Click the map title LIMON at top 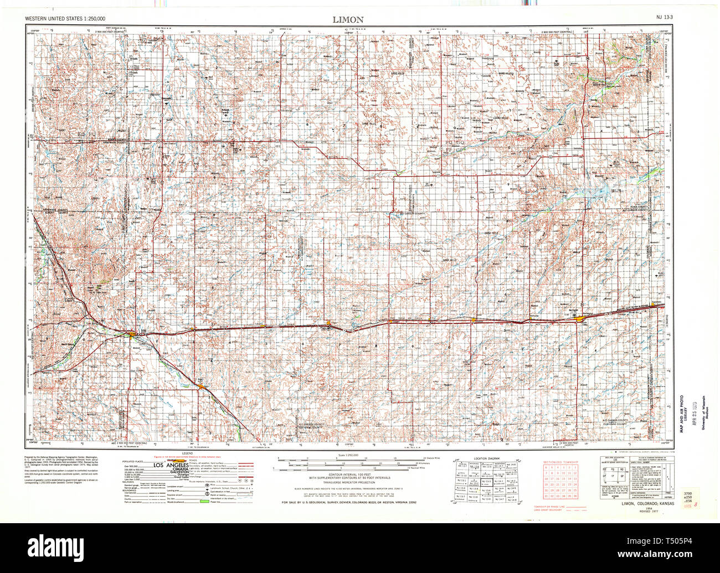coord(348,19)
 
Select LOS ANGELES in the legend coord(169,464)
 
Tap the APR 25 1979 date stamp coord(689,412)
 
